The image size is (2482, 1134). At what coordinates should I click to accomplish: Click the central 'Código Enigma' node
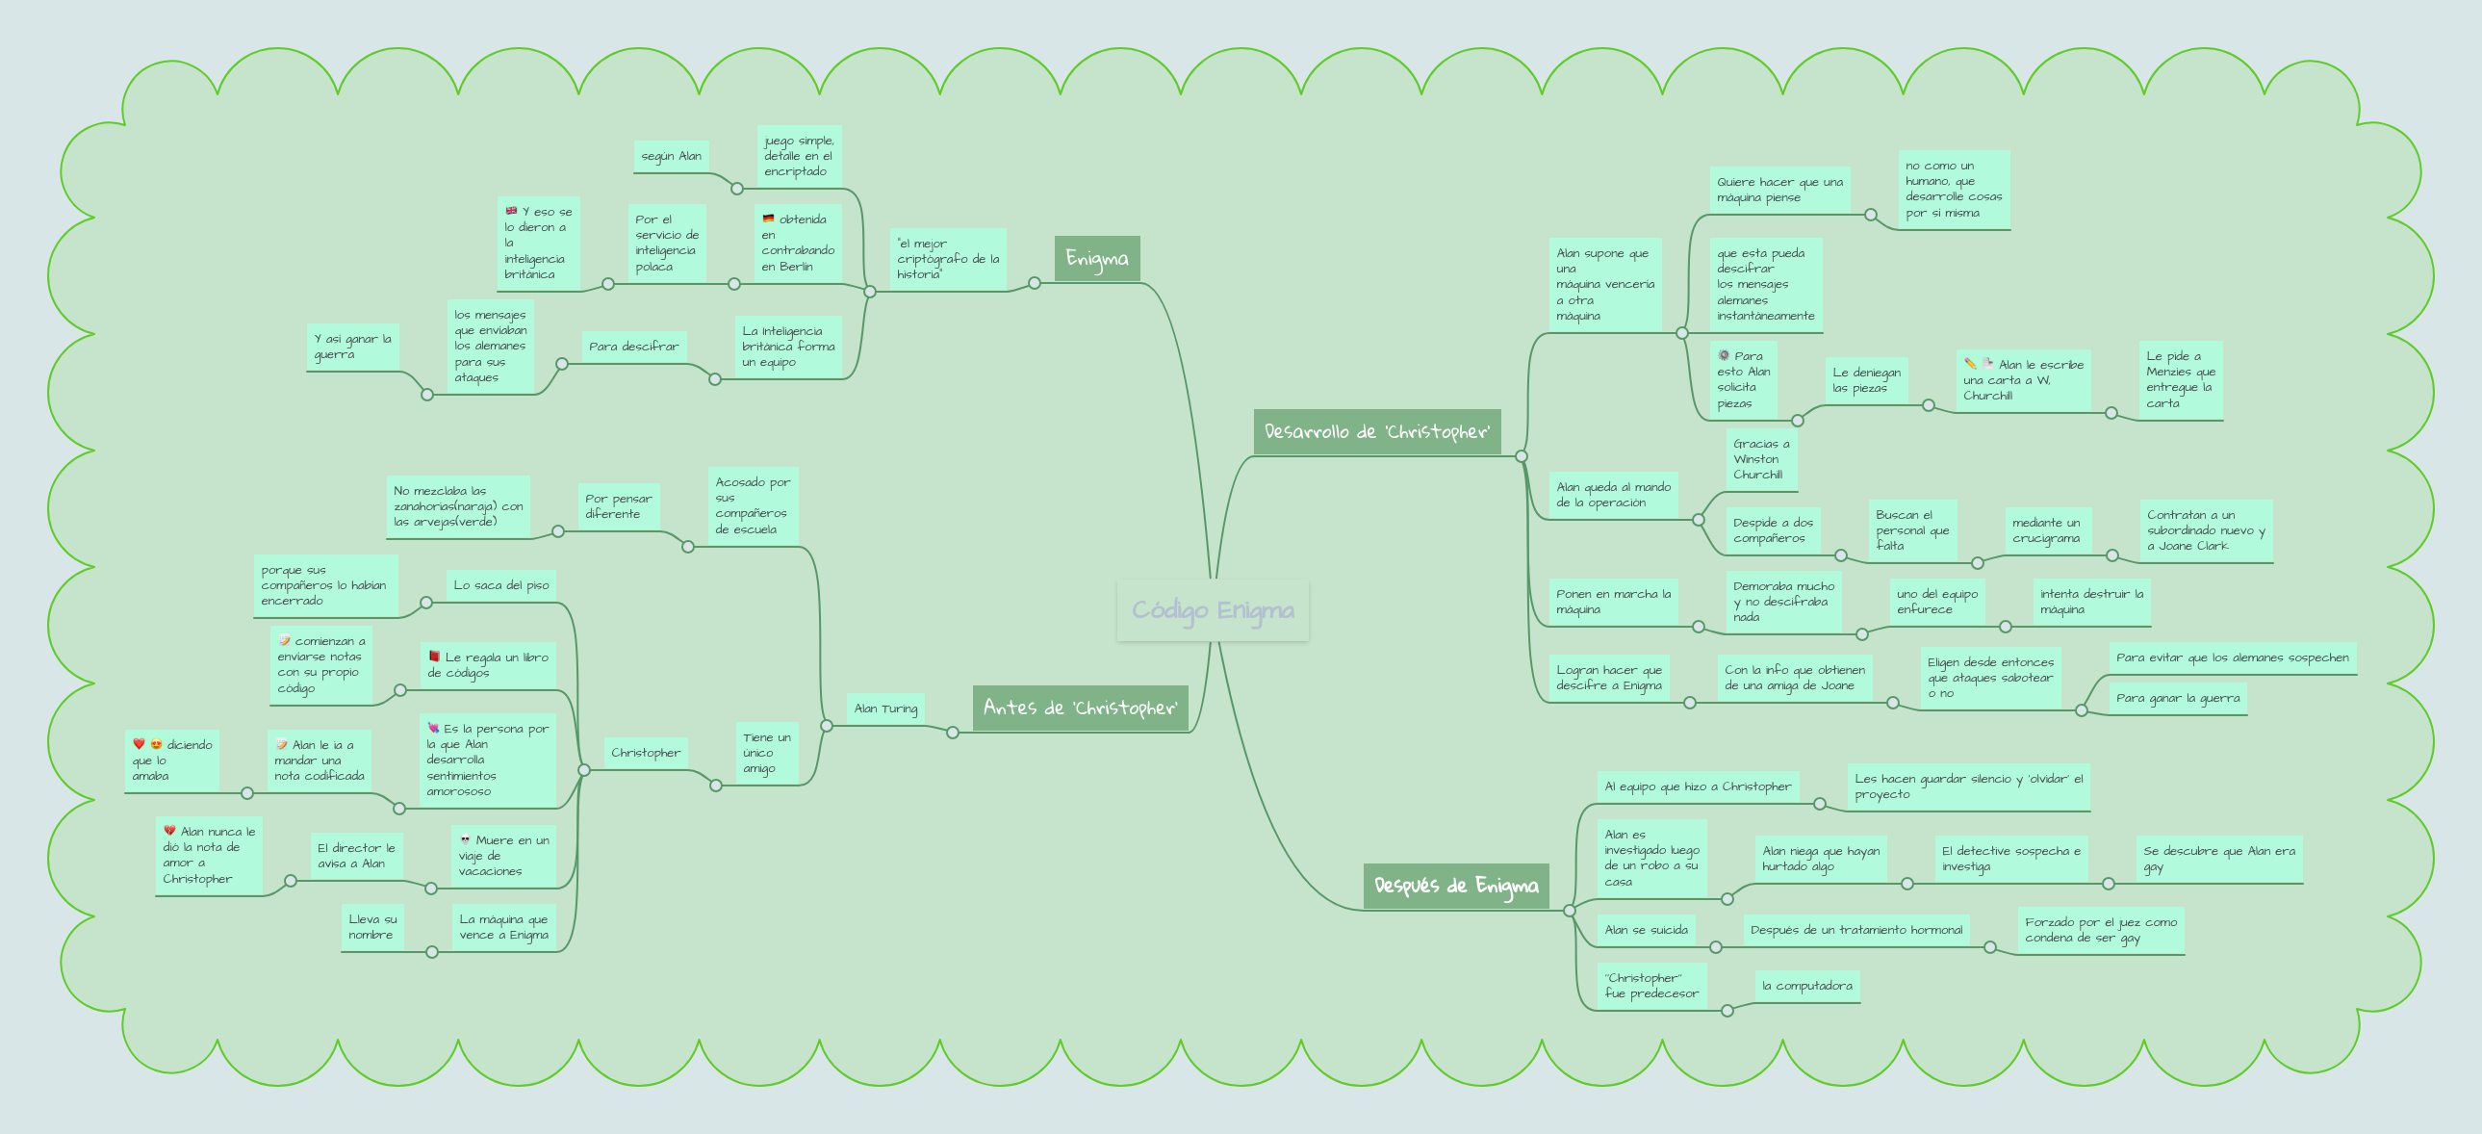pos(1213,610)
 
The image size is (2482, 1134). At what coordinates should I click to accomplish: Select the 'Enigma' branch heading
pos(1096,258)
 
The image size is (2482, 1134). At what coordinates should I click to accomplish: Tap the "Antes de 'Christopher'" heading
pos(1080,709)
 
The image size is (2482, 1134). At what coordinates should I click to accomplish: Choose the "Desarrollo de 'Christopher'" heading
pos(1377,431)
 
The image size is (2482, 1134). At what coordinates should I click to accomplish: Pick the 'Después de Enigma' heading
pos(1456,886)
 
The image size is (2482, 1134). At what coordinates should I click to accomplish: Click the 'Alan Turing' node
pos(885,709)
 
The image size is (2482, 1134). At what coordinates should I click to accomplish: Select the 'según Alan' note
pos(672,156)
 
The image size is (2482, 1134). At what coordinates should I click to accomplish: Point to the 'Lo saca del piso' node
pos(501,585)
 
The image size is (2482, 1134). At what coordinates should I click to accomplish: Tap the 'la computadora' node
pos(1807,986)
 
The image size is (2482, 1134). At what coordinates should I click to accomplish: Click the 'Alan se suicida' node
pos(1647,930)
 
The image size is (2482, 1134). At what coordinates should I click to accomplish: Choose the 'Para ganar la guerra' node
pos(2179,698)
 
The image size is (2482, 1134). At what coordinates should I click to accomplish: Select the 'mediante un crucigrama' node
pos(2047,529)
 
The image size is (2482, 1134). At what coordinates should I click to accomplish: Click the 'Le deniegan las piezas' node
pos(1867,380)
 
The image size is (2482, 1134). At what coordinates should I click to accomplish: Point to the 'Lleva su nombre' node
pos(372,927)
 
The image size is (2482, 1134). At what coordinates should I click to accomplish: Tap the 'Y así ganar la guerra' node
pos(352,347)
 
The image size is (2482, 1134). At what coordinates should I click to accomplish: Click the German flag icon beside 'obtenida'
pos(768,219)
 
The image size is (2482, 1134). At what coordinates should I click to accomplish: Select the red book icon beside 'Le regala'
pos(435,657)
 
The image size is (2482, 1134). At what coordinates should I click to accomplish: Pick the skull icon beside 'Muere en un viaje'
pos(466,839)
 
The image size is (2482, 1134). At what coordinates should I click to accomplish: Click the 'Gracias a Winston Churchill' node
pos(1761,459)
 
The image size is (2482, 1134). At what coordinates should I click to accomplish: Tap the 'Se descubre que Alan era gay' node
pos(2219,859)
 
